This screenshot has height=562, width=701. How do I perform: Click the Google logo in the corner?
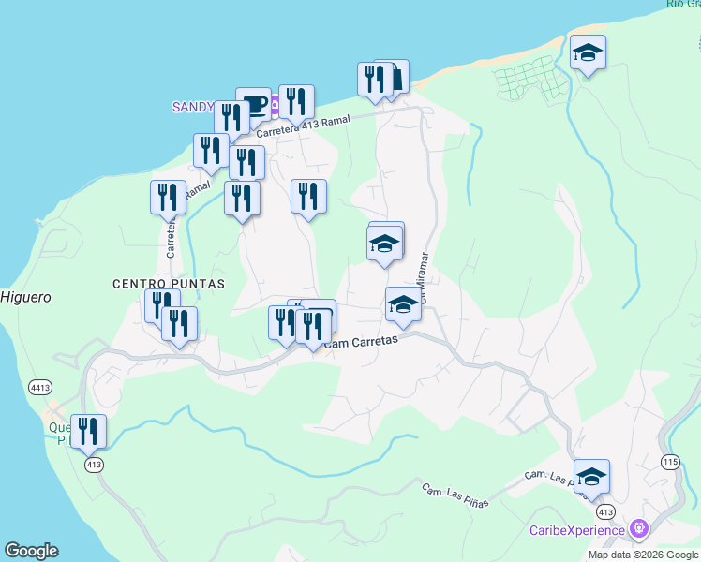click(x=31, y=551)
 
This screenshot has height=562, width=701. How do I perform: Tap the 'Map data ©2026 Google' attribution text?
click(x=643, y=555)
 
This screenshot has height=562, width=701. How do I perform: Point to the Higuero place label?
click(x=25, y=297)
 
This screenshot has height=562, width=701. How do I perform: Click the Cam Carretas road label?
click(x=362, y=344)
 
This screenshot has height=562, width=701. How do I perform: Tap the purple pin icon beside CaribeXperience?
click(x=640, y=529)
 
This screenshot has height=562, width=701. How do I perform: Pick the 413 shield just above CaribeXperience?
click(x=604, y=511)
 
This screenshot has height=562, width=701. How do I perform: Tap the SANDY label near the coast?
click(x=193, y=107)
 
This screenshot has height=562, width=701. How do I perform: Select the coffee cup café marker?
click(x=253, y=103)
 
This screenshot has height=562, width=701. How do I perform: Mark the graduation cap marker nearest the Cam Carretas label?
click(x=403, y=303)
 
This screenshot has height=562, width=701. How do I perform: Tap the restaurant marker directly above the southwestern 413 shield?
click(x=88, y=430)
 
